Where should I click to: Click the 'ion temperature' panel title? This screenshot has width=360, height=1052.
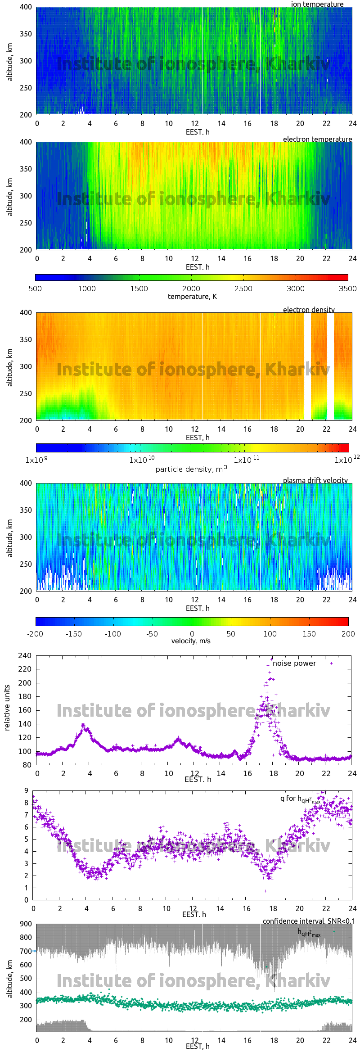(317, 4)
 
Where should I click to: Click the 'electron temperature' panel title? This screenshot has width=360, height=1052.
(317, 139)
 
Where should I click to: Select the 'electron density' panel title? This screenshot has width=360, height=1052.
(309, 310)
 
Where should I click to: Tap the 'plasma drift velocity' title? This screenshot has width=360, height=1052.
(315, 480)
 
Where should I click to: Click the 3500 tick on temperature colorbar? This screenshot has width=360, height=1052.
(347, 289)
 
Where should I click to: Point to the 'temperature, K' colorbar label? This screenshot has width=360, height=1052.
(192, 296)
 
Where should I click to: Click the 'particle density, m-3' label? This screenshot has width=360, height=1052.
(191, 469)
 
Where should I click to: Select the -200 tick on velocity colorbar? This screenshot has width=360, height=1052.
(35, 634)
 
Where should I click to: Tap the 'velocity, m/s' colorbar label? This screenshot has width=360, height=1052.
(191, 641)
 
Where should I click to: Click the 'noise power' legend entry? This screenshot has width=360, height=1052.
(294, 663)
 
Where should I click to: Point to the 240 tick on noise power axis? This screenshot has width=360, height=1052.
(25, 655)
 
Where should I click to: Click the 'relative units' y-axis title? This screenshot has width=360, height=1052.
(7, 708)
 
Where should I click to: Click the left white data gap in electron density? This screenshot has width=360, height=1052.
(307, 366)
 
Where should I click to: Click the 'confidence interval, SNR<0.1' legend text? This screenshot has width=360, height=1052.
(308, 921)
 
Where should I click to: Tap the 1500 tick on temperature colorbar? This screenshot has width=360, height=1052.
(139, 289)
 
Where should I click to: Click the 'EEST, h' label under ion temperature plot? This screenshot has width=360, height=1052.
(198, 132)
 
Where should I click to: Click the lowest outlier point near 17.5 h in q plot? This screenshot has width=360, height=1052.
(265, 891)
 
